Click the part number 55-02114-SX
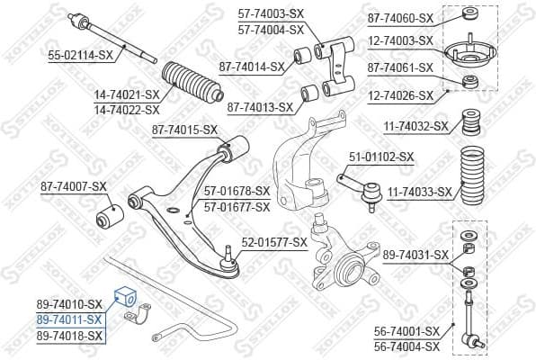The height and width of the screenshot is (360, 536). tap(80, 55)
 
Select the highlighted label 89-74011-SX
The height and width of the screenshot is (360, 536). tap(70, 319)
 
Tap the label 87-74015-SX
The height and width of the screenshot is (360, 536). tap(183, 130)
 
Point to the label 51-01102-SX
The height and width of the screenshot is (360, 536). tap(381, 157)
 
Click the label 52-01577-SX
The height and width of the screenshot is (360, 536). tap(274, 241)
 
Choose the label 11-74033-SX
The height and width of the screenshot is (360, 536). tap(420, 192)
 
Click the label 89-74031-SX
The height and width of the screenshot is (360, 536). tap(415, 256)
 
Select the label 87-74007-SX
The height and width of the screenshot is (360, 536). tap(73, 187)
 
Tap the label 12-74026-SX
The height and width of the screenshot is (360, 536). tap(400, 94)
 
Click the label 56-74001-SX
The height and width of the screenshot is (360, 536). tap(406, 331)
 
